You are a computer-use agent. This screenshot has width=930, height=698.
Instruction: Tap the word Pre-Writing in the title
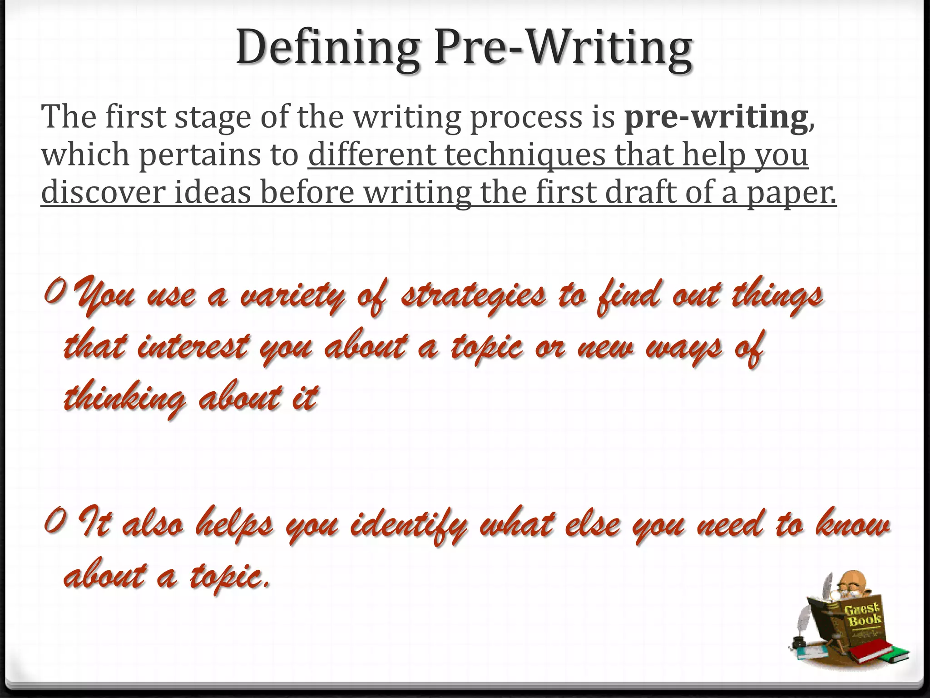pyautogui.click(x=563, y=48)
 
